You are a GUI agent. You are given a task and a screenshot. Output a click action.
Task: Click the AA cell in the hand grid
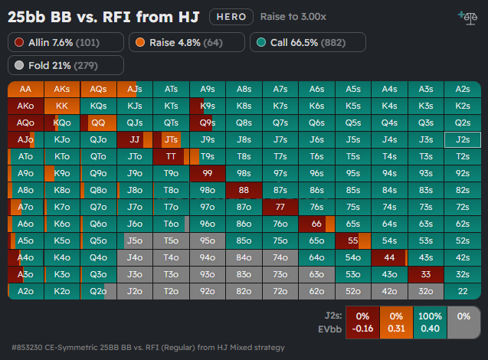coord(25,89)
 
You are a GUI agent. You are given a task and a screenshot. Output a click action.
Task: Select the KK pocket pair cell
coord(62,106)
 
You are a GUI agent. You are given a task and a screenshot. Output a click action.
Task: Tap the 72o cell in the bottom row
coord(280,291)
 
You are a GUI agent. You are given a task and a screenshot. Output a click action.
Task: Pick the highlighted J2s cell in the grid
coord(462,139)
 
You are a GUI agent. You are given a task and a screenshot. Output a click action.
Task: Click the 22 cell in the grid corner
coord(462,291)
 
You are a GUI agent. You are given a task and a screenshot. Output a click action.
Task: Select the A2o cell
coord(25,291)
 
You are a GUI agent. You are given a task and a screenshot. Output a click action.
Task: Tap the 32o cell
coord(426,291)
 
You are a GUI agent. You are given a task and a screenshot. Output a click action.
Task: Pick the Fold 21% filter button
coord(66,65)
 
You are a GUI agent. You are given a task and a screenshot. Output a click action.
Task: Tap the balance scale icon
coord(465,15)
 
